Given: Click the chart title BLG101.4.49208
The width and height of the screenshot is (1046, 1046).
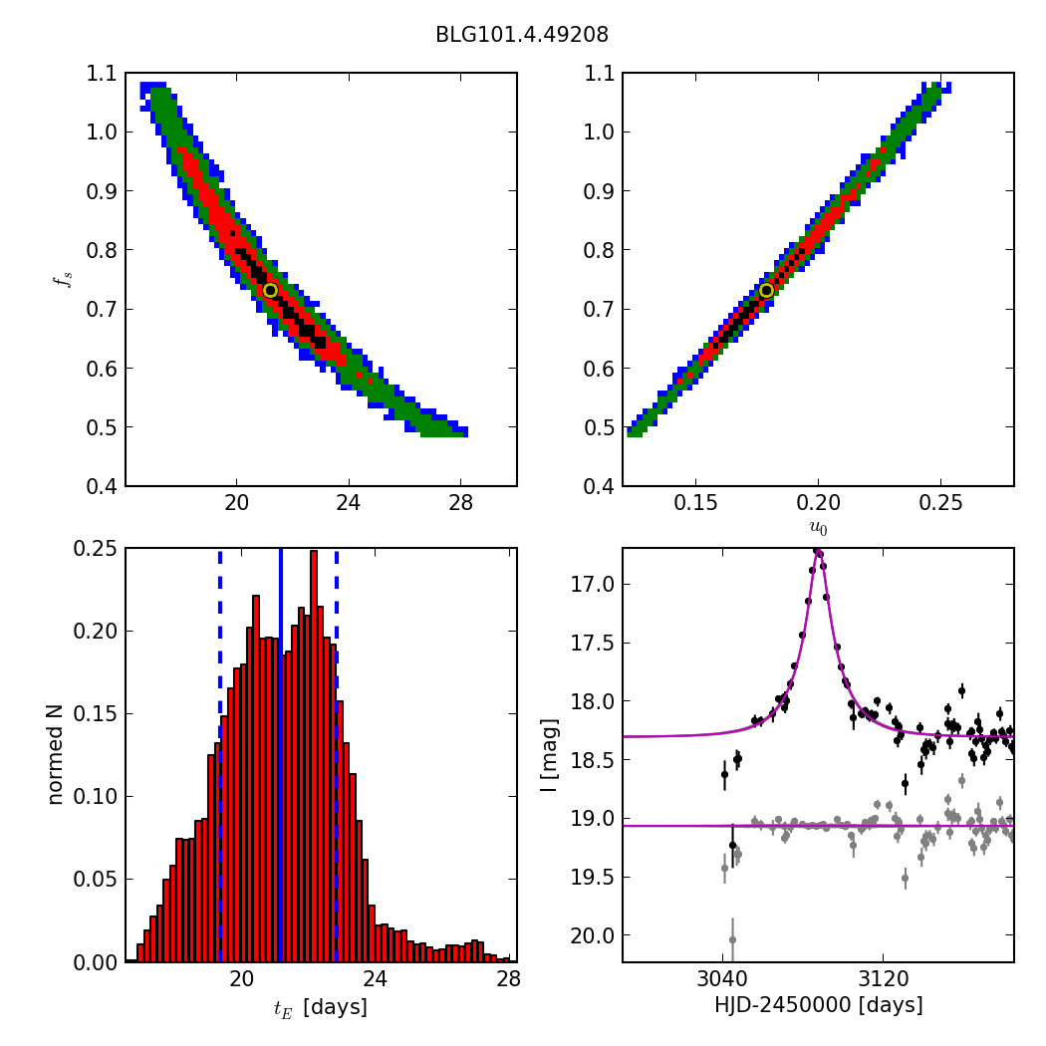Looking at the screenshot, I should pyautogui.click(x=522, y=35).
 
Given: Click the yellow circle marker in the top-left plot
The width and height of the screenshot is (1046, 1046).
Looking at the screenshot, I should pyautogui.click(x=270, y=290).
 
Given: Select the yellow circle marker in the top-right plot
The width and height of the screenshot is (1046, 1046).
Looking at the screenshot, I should pyautogui.click(x=766, y=290).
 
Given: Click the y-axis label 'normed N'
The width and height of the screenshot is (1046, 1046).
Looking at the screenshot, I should pyautogui.click(x=56, y=754).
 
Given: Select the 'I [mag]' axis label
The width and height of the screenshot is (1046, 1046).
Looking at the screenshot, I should pyautogui.click(x=549, y=754).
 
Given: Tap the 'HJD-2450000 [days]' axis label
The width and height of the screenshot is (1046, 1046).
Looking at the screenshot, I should pyautogui.click(x=818, y=1006).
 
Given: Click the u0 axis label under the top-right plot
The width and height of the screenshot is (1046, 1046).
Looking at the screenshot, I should pyautogui.click(x=818, y=529).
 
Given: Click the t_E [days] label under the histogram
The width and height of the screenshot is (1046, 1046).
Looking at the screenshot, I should pyautogui.click(x=320, y=1008).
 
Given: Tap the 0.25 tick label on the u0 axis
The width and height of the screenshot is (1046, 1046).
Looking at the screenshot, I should pyautogui.click(x=940, y=500).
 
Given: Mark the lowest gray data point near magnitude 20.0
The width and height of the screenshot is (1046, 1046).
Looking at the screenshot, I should pyautogui.click(x=732, y=939).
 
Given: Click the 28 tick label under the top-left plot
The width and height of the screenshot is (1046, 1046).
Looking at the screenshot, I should pyautogui.click(x=460, y=500).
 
